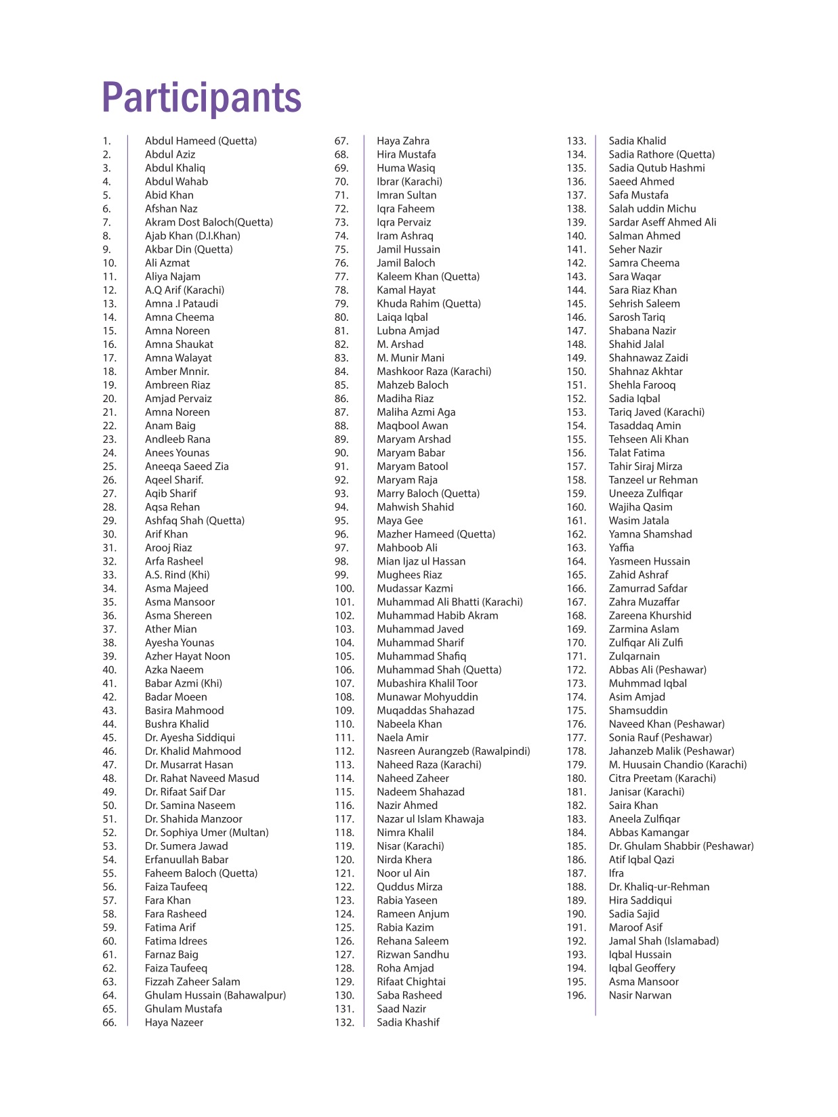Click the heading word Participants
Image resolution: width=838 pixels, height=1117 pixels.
point(201,98)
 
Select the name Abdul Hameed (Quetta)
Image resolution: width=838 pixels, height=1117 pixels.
point(201,141)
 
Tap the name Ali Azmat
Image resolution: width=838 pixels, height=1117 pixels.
point(167,263)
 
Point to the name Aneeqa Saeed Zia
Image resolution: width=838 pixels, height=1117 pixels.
point(186,466)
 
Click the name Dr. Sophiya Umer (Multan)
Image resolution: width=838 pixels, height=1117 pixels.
point(207,833)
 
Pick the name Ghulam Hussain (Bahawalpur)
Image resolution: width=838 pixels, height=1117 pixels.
point(215,995)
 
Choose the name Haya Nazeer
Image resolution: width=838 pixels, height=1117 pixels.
point(173,1022)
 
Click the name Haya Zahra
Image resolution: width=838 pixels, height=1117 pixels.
point(403,141)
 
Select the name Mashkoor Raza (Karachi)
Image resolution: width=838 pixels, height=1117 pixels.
point(434,371)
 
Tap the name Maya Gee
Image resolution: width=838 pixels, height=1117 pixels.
point(400,521)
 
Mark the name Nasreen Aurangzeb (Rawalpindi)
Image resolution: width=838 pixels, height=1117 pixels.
point(453,751)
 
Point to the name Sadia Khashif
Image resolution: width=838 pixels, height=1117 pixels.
point(408,1022)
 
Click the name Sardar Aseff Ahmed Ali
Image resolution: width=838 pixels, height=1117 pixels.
point(662,222)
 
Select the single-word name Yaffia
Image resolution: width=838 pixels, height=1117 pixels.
point(621,548)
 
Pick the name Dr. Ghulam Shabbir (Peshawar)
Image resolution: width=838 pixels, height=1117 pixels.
point(681,846)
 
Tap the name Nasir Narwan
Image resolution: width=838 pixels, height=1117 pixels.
point(640,995)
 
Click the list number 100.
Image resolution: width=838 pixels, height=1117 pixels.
point(344,588)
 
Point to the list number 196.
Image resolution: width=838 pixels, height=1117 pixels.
point(576,995)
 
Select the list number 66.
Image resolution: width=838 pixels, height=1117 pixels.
point(109,1022)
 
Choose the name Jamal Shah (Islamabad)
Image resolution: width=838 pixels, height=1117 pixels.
point(663,941)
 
